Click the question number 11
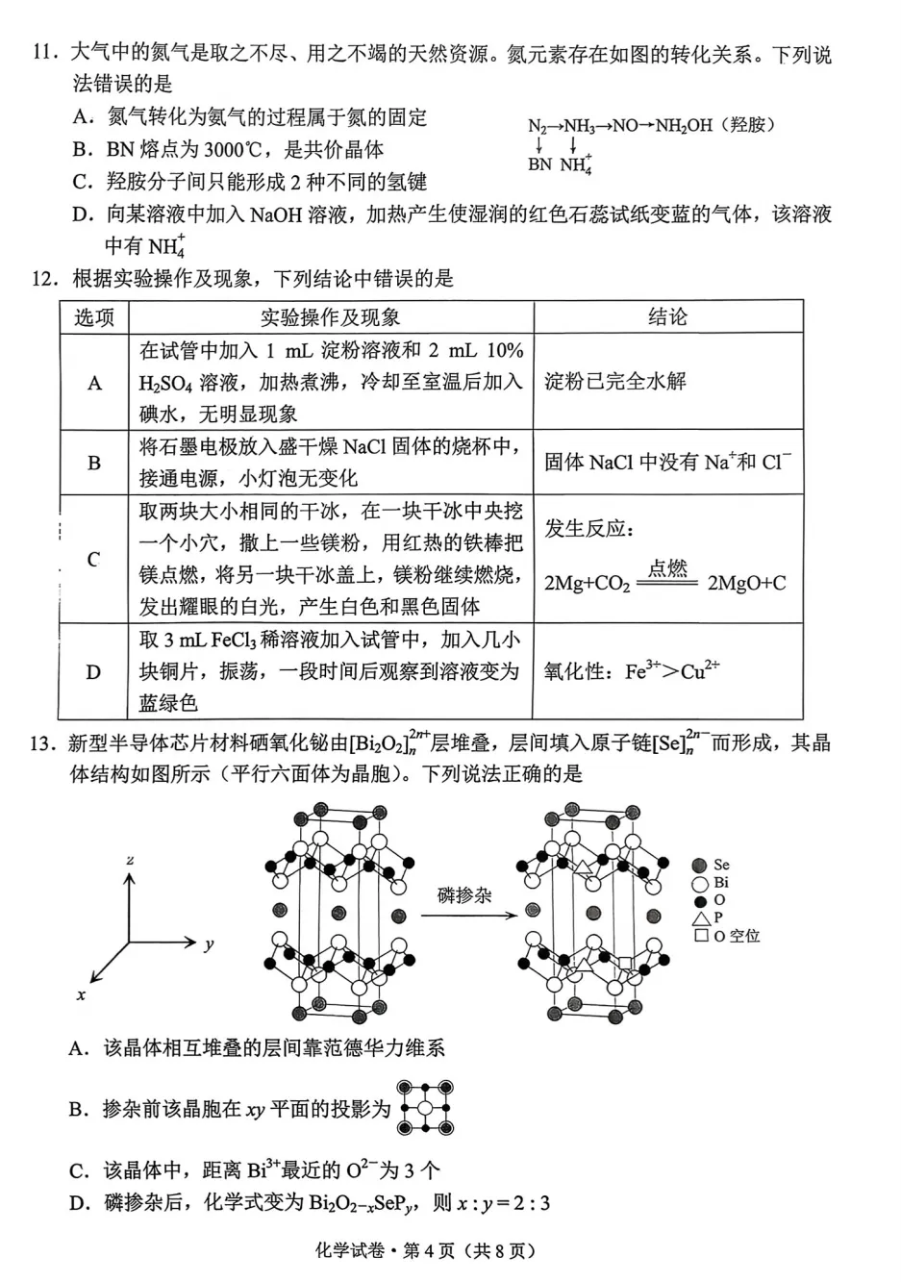(x=45, y=54)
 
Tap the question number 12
(x=45, y=279)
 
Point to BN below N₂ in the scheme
(x=539, y=164)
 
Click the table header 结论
(x=667, y=317)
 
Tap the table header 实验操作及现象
(x=330, y=317)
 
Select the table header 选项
(x=94, y=317)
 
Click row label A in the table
(x=94, y=383)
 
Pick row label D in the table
(x=93, y=672)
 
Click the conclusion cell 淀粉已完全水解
(x=615, y=382)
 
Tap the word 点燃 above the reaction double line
(x=667, y=568)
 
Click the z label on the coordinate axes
(x=130, y=859)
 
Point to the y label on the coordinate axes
(x=209, y=944)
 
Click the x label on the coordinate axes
(x=81, y=995)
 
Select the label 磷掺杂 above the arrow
(x=463, y=895)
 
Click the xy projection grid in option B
(x=425, y=1108)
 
